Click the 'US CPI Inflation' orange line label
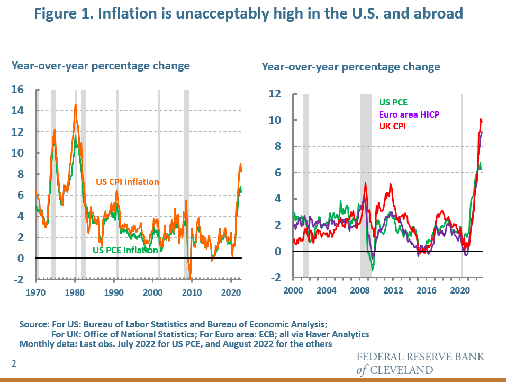(x=127, y=182)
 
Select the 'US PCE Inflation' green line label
(x=125, y=250)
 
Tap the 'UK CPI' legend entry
(x=392, y=126)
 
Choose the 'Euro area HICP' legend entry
(x=409, y=114)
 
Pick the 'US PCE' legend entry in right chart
(x=393, y=103)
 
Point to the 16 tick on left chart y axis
(x=18, y=90)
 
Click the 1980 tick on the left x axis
(x=75, y=292)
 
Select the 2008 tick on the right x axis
(x=360, y=290)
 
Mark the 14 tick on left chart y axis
(x=18, y=111)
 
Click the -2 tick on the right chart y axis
(x=274, y=278)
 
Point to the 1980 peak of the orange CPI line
(x=76, y=105)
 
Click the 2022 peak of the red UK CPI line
(x=481, y=119)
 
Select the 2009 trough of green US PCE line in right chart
(x=373, y=270)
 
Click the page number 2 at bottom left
(x=14, y=363)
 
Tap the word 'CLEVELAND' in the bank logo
(x=402, y=369)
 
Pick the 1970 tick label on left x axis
(x=36, y=292)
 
